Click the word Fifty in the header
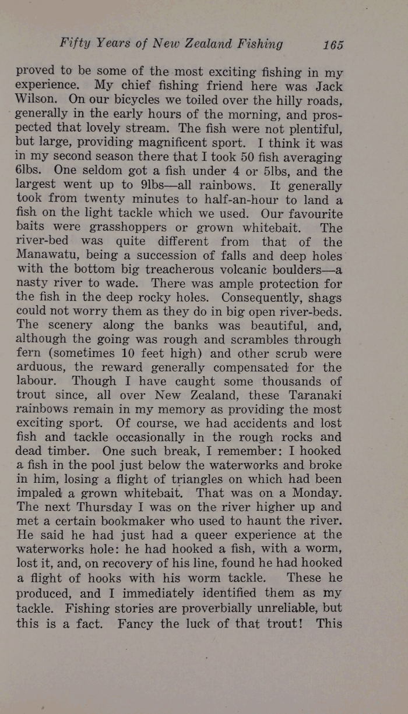coord(73,44)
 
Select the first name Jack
coord(326,87)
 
